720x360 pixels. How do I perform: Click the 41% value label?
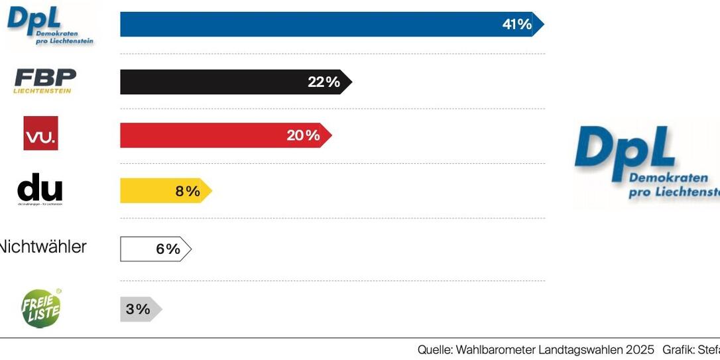click(517, 25)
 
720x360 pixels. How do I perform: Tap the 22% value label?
click(324, 82)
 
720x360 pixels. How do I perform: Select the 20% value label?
click(303, 136)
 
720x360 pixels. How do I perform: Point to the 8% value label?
click(188, 192)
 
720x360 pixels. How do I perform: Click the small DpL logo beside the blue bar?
click(50, 27)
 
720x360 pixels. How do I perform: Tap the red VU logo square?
click(41, 133)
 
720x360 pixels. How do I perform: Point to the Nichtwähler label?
click(41, 247)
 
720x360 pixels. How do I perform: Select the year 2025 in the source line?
click(638, 349)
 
